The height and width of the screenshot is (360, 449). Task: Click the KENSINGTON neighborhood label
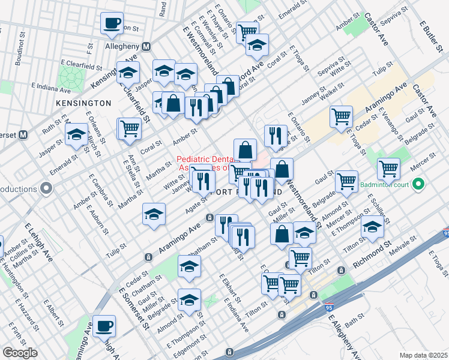83,103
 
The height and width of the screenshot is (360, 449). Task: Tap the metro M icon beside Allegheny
146,46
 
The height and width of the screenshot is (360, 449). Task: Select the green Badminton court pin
420,184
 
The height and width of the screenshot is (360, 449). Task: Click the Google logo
20,353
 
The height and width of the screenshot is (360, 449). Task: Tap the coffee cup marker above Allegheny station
111,23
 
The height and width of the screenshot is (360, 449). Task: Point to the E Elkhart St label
230,287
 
